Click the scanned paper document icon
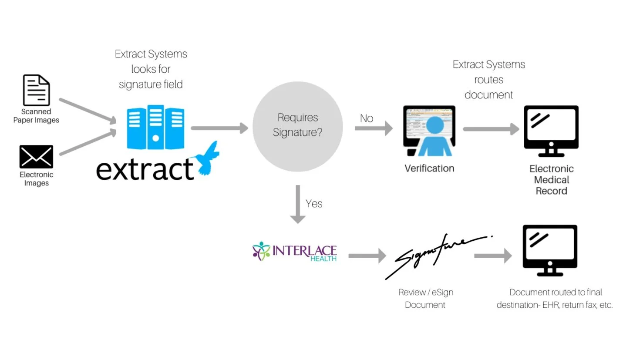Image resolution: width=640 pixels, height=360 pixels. coord(36,90)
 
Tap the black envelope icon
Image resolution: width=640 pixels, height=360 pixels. coord(36,157)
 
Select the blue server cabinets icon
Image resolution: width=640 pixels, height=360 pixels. coord(155,127)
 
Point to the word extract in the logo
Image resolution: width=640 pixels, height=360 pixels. coord(145,170)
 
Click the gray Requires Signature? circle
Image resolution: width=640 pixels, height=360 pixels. coord(298,126)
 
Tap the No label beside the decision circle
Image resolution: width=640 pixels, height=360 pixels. coord(367,118)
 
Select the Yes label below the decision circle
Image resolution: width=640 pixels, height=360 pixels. coord(314,204)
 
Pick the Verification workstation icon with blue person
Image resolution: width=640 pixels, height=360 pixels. coord(429,131)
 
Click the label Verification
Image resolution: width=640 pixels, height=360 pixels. coord(429,168)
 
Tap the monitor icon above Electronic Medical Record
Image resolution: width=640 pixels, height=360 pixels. coord(551,131)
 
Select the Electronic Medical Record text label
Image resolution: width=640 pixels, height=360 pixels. coord(551,180)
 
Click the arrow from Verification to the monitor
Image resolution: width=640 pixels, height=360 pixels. coord(491,129)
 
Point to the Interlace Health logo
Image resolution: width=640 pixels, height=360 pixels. coord(295,252)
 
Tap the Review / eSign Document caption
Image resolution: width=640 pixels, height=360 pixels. coord(426,298)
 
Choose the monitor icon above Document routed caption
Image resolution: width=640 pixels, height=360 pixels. coord(550,250)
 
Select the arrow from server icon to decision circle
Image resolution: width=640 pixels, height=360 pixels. coord(219,128)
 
